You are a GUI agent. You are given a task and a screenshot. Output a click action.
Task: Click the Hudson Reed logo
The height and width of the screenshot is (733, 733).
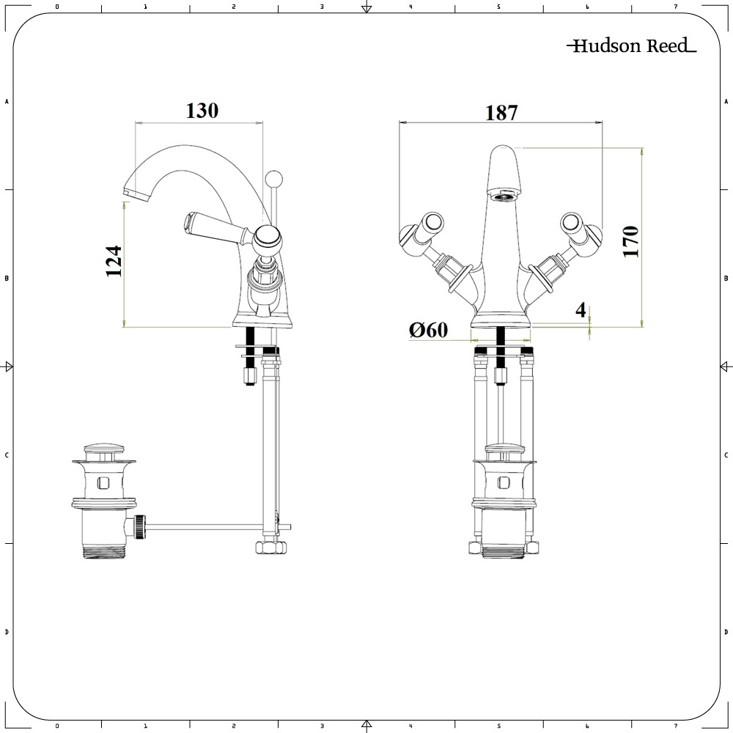click(x=631, y=46)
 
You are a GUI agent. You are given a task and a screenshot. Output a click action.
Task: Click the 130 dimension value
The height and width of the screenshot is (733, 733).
click(x=202, y=111)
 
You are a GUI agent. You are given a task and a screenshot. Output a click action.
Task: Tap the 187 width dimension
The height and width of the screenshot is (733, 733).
click(x=501, y=113)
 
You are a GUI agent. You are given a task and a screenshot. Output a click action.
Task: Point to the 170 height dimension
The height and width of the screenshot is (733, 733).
click(x=630, y=241)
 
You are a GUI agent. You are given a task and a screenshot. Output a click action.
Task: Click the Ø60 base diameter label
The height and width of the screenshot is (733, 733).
click(x=429, y=331)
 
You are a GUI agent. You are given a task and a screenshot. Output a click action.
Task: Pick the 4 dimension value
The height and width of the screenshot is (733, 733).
click(x=581, y=310)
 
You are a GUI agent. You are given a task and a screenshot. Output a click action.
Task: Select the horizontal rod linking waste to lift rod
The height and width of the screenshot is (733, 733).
click(x=205, y=526)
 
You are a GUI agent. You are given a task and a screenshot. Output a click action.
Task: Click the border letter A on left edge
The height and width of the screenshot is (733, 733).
click(x=7, y=102)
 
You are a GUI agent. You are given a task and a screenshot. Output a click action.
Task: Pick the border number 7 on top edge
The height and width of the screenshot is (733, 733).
click(x=675, y=7)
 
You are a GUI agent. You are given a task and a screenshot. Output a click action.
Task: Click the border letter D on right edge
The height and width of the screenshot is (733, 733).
click(x=726, y=632)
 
